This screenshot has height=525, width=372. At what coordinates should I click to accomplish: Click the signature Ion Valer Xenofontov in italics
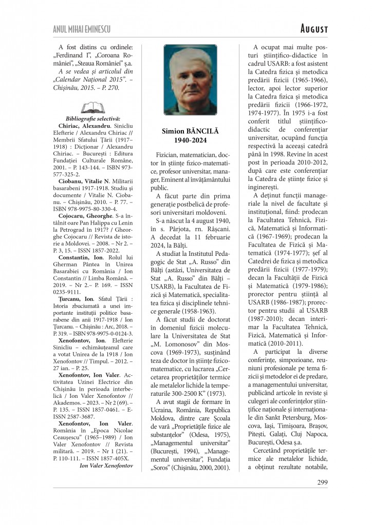tap(107, 466)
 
